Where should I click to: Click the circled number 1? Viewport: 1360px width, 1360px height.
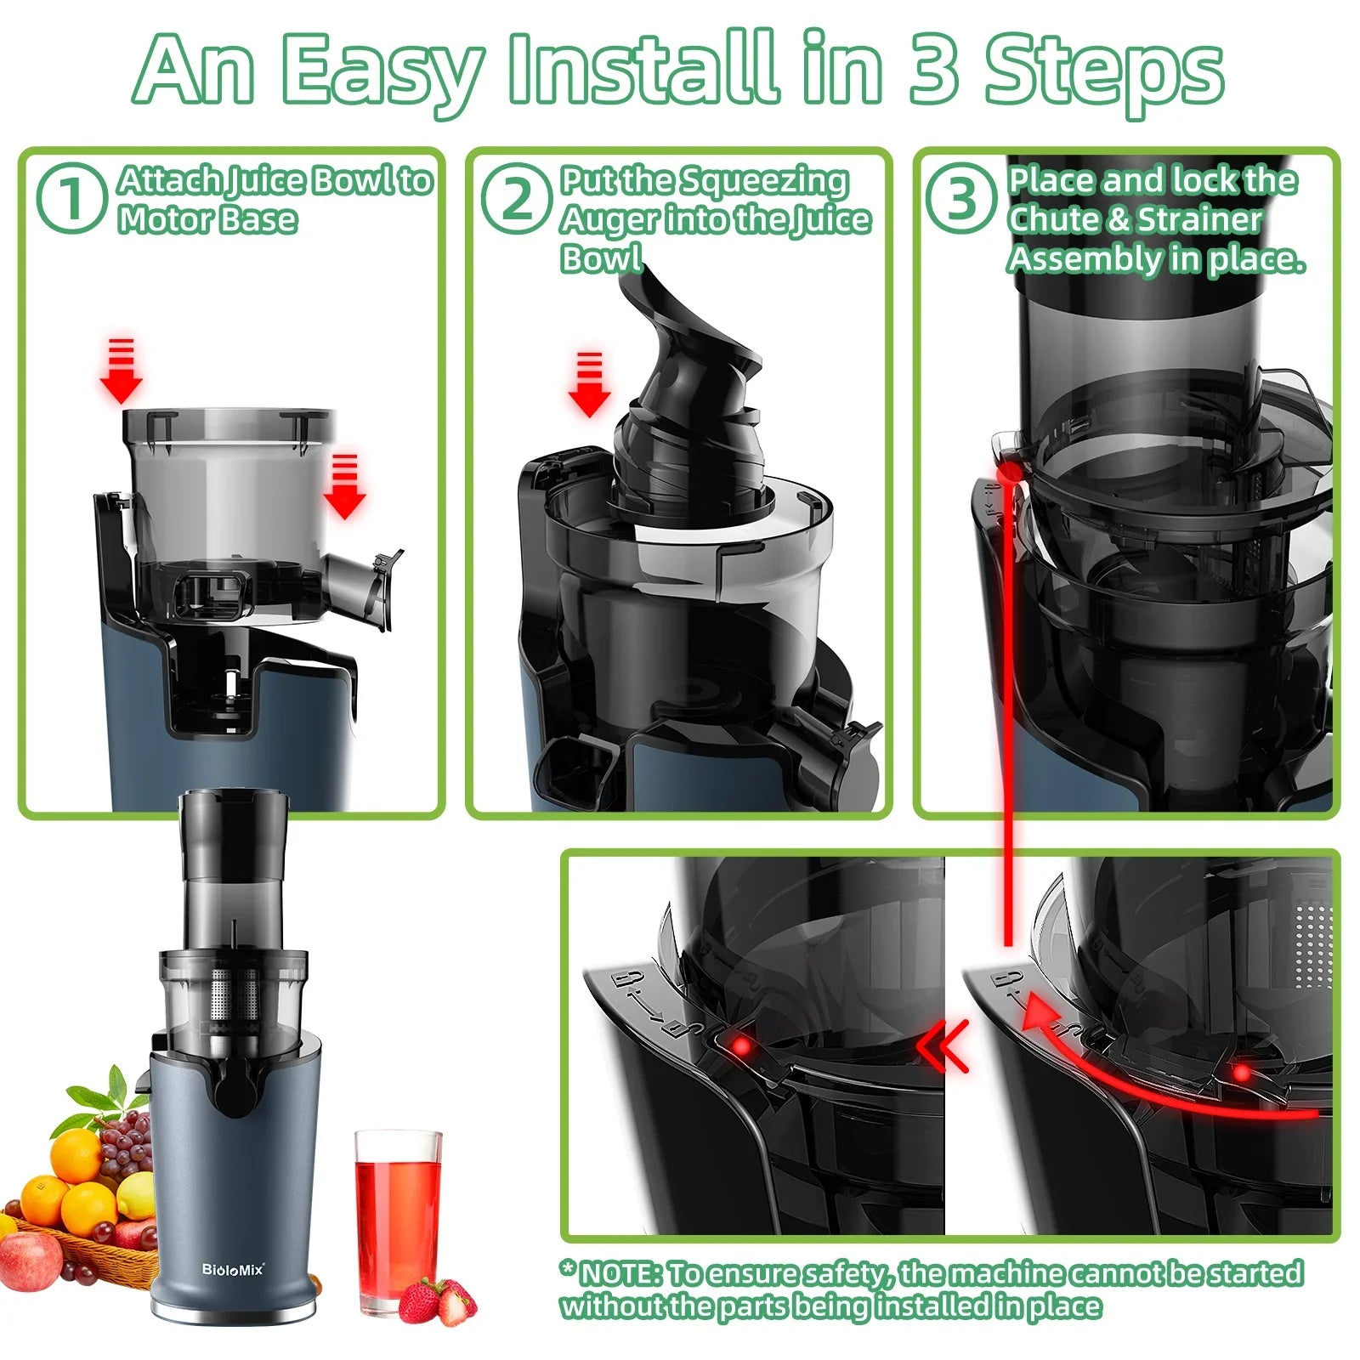(71, 197)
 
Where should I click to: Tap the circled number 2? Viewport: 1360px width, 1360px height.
(517, 197)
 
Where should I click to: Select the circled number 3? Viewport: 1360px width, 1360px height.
(961, 197)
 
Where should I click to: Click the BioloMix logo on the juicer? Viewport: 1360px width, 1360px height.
(233, 1270)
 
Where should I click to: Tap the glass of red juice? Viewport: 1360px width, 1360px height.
(397, 1215)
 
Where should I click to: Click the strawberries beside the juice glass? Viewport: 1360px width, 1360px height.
(437, 1301)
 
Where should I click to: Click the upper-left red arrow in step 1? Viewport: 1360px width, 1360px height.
(122, 371)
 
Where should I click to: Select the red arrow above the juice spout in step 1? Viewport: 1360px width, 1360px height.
(344, 487)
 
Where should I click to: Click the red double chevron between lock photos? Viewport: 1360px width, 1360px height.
(945, 1046)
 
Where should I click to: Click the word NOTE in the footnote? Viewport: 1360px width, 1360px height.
(619, 1272)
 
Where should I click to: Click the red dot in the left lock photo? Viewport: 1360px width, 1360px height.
(742, 1045)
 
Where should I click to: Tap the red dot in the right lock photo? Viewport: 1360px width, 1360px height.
(1242, 1074)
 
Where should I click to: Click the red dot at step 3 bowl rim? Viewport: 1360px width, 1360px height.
(1010, 473)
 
